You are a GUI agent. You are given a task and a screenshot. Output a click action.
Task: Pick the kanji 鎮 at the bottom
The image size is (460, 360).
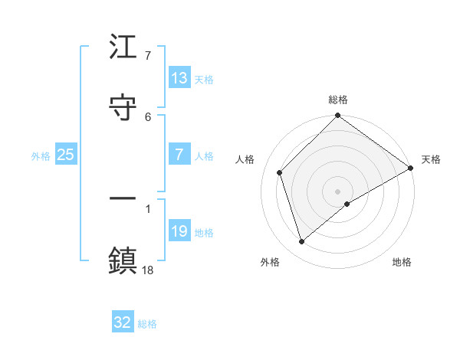[123, 258]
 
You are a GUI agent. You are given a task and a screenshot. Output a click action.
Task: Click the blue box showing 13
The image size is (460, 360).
[179, 78]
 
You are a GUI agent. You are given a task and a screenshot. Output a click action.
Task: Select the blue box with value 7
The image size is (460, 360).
[179, 155]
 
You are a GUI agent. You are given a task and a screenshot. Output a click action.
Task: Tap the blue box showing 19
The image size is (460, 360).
[179, 231]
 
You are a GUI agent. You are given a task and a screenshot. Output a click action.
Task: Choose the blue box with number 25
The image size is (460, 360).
[66, 155]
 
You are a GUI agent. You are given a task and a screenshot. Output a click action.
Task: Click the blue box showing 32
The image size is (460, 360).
[123, 322]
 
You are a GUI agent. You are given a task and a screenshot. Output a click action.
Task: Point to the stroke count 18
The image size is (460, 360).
[148, 270]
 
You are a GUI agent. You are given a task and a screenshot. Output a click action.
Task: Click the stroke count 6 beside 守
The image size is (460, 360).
[148, 116]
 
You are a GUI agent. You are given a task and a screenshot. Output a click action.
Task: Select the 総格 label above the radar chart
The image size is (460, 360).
[338, 100]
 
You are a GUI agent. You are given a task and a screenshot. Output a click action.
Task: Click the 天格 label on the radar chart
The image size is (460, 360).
[431, 159]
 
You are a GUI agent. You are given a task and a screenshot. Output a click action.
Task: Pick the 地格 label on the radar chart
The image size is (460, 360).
[402, 262]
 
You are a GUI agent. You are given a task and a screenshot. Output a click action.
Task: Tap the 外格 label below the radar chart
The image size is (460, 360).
[270, 262]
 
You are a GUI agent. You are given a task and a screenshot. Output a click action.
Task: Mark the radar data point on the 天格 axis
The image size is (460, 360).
[410, 168]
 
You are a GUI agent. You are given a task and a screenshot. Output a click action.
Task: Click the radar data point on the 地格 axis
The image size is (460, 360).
[347, 204]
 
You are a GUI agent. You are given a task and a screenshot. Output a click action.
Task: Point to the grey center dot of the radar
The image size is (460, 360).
[338, 191]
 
